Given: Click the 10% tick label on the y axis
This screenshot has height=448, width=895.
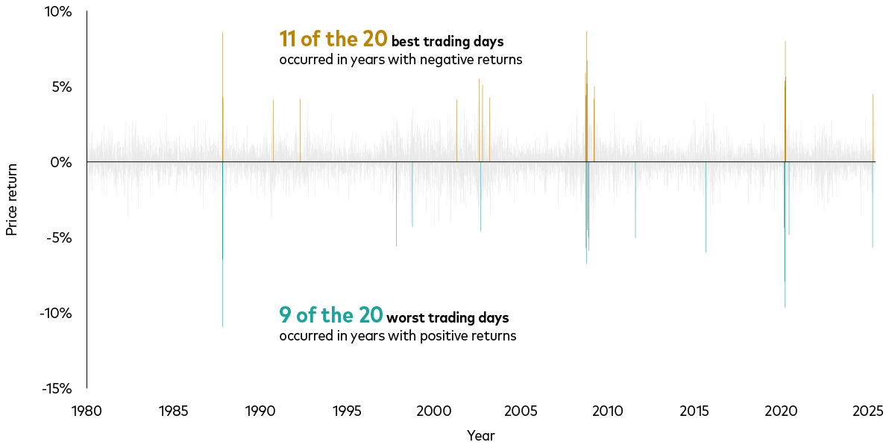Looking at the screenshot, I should [x=57, y=12].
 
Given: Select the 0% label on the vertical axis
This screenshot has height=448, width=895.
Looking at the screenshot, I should [x=60, y=162].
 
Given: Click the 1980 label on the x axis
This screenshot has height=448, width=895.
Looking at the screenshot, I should [x=87, y=411].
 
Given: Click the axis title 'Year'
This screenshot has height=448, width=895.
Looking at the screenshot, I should [x=480, y=435].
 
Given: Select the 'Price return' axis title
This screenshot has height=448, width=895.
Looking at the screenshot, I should [x=12, y=200].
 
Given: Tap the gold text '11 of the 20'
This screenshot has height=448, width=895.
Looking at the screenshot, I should [x=333, y=39].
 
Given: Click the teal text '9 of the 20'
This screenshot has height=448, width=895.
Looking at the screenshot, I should [x=330, y=315].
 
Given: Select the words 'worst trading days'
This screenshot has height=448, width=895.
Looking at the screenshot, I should [x=447, y=318].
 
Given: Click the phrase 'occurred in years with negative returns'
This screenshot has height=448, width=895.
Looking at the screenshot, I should [x=401, y=60].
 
